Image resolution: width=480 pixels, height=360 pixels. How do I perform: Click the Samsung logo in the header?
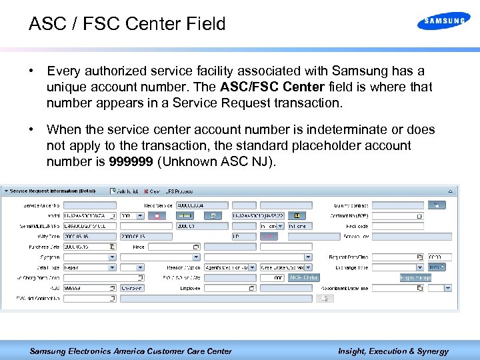[x=443, y=21]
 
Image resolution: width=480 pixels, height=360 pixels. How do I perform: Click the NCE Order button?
[x=304, y=277]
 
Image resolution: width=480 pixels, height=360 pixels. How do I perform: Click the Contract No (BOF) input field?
[x=397, y=216]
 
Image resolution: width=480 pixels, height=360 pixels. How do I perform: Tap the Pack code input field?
[x=397, y=226]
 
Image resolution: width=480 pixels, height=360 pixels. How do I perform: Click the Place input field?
[x=173, y=247]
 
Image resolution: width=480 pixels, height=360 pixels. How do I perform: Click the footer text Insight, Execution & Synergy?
[x=393, y=351]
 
